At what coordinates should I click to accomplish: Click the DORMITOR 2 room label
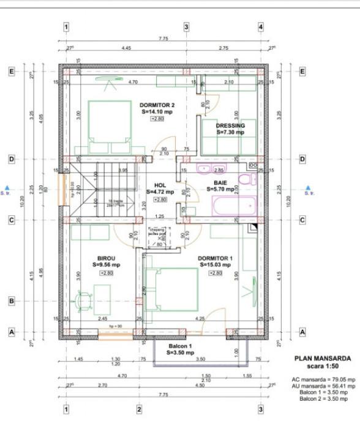[157, 105]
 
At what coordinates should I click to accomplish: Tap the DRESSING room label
[230, 125]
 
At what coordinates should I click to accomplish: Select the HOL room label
[160, 185]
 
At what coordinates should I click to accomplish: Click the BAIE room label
[220, 182]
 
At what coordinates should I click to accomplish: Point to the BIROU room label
[106, 258]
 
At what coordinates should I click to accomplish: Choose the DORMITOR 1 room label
[215, 258]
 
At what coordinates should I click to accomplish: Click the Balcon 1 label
[181, 346]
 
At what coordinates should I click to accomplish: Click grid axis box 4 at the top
[260, 27]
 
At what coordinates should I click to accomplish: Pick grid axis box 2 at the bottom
[139, 409]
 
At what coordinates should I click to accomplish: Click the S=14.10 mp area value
[157, 112]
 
